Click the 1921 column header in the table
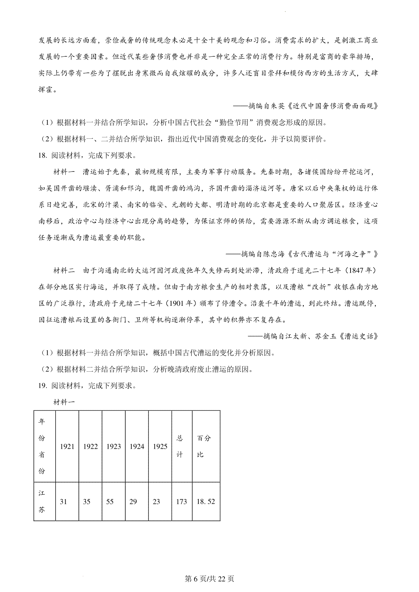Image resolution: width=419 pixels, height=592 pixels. click(x=67, y=446)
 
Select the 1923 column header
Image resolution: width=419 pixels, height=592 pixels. click(x=113, y=446)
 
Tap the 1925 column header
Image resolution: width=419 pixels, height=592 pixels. click(x=160, y=446)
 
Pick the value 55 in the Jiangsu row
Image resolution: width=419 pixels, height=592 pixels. click(x=110, y=501)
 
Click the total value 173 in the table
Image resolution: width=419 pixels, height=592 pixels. click(x=181, y=501)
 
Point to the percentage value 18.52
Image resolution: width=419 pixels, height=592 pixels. click(x=206, y=501)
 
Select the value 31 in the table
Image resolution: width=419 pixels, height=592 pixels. click(x=63, y=501)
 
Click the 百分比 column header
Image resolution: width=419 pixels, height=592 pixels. click(x=204, y=446)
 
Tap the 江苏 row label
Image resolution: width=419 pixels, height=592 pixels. click(x=42, y=501)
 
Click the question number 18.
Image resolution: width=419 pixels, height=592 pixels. click(x=43, y=155)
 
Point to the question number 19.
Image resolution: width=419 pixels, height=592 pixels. click(x=43, y=386)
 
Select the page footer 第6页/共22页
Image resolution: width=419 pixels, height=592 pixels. click(x=209, y=579)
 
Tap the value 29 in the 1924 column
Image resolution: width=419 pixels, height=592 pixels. click(x=133, y=501)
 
